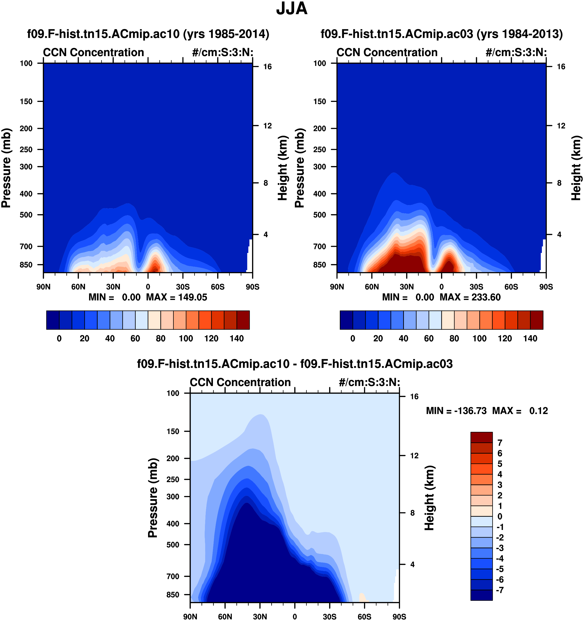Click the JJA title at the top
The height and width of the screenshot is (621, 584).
click(291, 9)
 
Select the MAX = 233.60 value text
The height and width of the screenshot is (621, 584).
click(470, 297)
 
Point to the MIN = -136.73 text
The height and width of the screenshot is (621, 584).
click(456, 411)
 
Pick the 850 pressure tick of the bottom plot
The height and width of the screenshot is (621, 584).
click(173, 595)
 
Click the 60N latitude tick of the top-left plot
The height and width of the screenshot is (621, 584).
click(78, 287)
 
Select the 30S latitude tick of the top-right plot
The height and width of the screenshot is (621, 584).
click(476, 287)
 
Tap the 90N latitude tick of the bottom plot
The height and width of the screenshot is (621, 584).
click(190, 617)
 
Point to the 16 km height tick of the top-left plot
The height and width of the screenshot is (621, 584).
click(267, 66)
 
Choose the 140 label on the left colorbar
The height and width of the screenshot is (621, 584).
click(237, 338)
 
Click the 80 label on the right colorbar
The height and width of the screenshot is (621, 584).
click(454, 338)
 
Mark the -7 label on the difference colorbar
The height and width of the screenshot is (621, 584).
click(500, 590)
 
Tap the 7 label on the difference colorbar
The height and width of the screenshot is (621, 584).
click(500, 443)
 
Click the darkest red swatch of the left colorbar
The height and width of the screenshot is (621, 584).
click(243, 320)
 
